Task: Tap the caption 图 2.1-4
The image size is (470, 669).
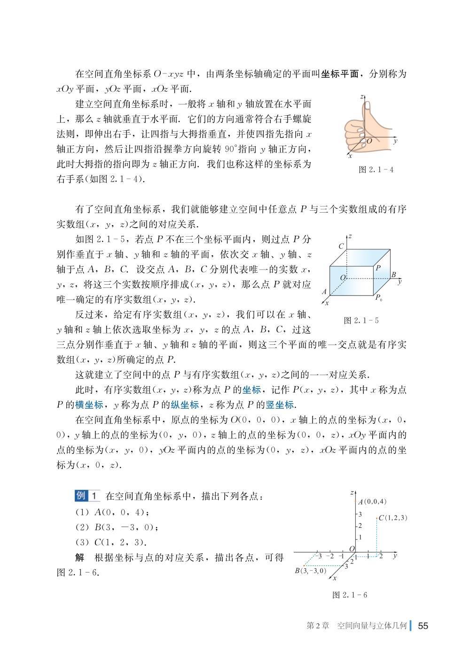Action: pos(376,169)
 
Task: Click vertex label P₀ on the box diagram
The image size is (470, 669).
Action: pos(378,298)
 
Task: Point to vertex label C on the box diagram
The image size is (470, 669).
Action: pos(341,246)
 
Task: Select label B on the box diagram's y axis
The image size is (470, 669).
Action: pos(393,275)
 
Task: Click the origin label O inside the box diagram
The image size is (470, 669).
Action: pos(343,279)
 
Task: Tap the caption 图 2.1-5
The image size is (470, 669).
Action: pos(361,320)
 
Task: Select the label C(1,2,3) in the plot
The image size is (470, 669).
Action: pos(393,518)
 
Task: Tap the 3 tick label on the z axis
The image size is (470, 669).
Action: pos(360,514)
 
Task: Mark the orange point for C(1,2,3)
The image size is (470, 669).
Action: pos(377,518)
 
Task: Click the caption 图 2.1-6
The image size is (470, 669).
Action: pos(349,595)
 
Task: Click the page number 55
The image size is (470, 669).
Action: pos(423,626)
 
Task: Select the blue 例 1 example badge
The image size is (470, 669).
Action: pos(87,495)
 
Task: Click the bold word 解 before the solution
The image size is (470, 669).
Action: pos(80,557)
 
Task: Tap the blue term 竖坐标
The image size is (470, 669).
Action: pos(281,405)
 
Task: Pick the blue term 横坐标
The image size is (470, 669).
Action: pos(90,405)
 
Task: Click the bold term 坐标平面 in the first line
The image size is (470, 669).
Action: pos(340,74)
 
